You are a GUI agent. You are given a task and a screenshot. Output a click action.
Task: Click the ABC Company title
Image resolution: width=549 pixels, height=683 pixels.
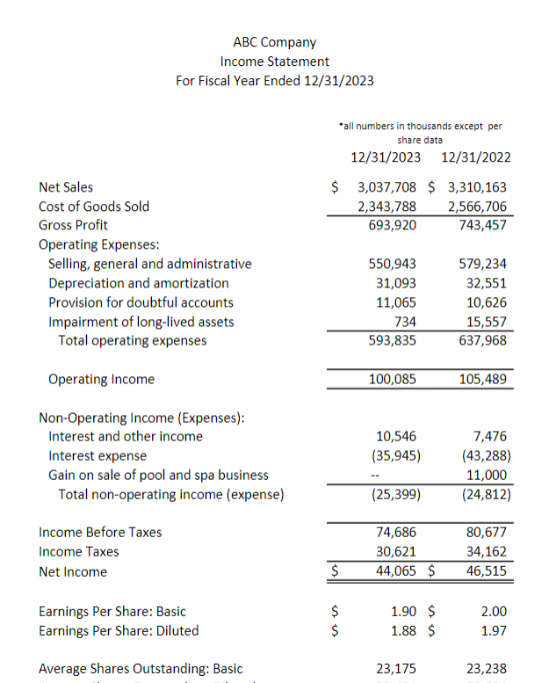click(x=274, y=42)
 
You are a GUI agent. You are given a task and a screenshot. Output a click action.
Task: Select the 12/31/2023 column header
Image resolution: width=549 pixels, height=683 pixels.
click(x=385, y=158)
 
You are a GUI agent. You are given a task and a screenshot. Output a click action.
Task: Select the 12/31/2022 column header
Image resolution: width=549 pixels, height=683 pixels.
click(x=475, y=158)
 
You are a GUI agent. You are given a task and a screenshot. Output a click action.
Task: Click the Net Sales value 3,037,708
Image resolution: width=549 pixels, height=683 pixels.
click(x=386, y=187)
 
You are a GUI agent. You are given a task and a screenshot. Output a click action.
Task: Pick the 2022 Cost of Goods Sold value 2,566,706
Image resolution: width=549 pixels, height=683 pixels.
click(x=477, y=207)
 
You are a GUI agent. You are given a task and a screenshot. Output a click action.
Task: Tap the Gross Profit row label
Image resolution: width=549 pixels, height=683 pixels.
click(x=73, y=225)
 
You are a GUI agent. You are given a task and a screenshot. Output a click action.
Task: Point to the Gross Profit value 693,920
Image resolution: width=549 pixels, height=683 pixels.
click(x=394, y=225)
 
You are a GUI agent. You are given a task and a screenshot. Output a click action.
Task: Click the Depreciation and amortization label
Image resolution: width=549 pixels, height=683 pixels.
click(x=139, y=283)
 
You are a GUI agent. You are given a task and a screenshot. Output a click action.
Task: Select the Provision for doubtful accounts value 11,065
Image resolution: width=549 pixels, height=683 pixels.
click(x=396, y=302)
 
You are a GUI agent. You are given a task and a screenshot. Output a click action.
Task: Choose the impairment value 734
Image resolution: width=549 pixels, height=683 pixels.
click(x=405, y=322)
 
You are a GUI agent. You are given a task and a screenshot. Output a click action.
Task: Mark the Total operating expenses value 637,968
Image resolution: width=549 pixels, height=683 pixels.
click(x=482, y=340)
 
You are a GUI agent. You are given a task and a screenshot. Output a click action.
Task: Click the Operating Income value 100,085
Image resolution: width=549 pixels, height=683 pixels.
click(x=394, y=380)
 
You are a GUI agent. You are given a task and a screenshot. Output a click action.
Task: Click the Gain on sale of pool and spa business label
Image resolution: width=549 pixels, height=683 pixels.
click(x=158, y=476)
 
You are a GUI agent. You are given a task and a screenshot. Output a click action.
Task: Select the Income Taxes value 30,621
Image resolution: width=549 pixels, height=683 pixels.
click(x=396, y=552)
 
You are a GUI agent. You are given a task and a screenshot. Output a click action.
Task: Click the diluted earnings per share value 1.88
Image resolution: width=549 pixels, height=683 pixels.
click(x=402, y=630)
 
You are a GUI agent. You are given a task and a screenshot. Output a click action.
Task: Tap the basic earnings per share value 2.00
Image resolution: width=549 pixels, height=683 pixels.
click(x=494, y=611)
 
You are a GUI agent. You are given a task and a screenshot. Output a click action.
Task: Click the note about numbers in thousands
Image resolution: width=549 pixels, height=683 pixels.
click(x=420, y=133)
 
